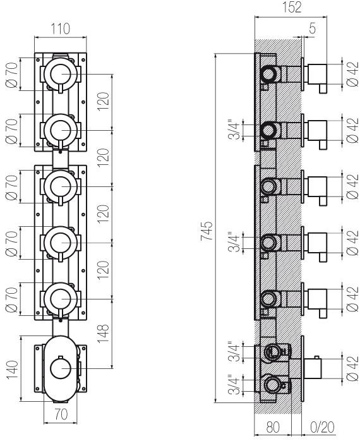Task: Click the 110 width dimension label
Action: pos(60,28)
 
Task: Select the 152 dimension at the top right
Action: pos(291,7)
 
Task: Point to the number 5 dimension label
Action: pos(312,28)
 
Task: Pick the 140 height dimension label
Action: pos(13,370)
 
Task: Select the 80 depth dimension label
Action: pos(273,427)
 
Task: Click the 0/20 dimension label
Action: pos(322,427)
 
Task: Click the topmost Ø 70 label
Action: pos(12,75)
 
